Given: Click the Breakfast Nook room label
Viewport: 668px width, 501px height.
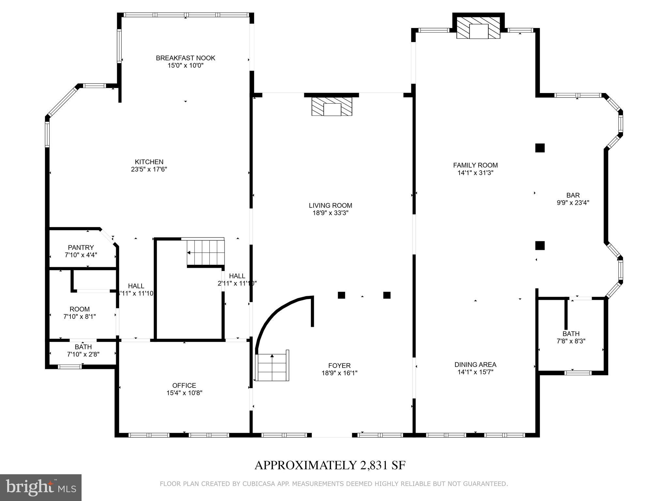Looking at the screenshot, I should [185, 58].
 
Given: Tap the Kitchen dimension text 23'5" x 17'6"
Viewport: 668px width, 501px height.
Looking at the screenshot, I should [149, 169].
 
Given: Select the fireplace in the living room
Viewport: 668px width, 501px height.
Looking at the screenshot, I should [332, 106].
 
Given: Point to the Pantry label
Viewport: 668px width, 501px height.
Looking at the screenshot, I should [81, 248].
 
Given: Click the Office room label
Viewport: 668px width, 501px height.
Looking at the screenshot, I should [184, 386].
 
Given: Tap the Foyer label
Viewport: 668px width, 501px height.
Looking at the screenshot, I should [339, 366].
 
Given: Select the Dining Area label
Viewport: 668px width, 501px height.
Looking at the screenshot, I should [475, 365].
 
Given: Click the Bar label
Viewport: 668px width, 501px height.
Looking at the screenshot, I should [573, 195].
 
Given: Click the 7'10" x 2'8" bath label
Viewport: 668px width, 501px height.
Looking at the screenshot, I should [83, 350].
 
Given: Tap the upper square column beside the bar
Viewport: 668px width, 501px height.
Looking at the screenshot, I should [540, 148].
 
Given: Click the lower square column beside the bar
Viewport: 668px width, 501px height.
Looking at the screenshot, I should [540, 245].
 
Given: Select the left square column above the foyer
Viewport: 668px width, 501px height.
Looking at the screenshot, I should [341, 295].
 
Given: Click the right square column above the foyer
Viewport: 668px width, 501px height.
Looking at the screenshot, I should [387, 295].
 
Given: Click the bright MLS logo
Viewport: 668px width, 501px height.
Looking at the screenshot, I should [40, 487].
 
